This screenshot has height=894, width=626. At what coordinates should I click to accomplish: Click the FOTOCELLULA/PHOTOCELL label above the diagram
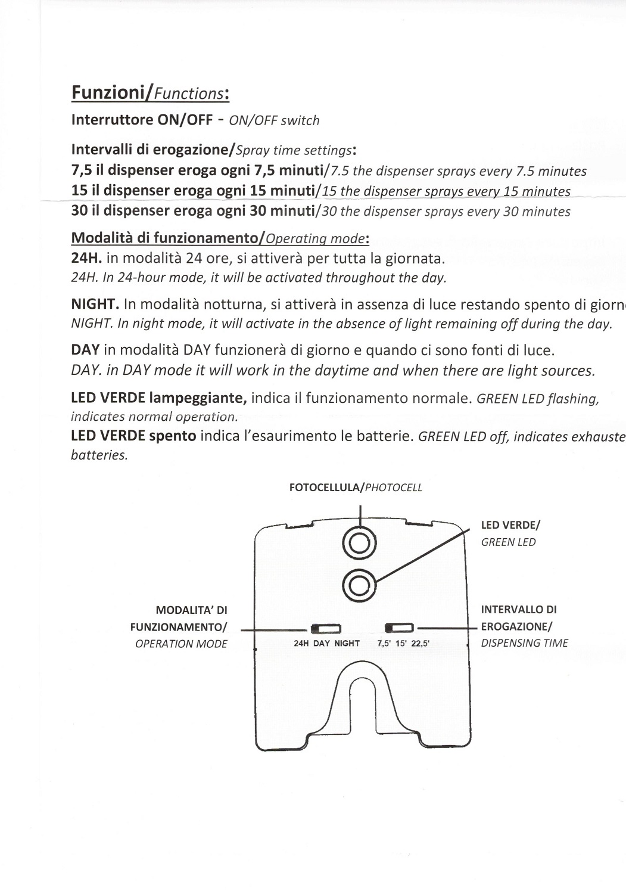tap(356, 488)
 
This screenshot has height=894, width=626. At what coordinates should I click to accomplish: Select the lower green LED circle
tap(360, 586)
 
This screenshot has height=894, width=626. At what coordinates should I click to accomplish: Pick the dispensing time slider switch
tap(399, 628)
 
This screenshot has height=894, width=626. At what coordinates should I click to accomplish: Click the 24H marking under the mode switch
tap(301, 644)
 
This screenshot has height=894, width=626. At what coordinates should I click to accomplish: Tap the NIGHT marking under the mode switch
tap(347, 644)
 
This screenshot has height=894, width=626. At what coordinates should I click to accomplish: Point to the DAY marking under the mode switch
tap(322, 644)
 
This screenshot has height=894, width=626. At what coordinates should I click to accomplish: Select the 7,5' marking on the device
tap(385, 644)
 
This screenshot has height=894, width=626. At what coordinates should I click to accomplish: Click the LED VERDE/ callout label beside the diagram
tap(510, 525)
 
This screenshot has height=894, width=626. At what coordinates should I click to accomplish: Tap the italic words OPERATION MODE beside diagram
tap(181, 644)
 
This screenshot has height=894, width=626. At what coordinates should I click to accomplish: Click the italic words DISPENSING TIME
tap(524, 643)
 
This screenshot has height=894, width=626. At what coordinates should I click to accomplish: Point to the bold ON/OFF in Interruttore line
tap(184, 119)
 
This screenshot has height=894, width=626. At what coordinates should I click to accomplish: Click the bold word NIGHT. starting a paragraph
tap(95, 304)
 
